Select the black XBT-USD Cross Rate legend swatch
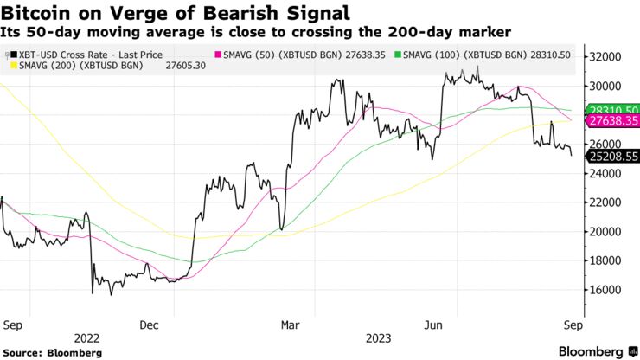10,54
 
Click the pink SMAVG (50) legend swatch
215,54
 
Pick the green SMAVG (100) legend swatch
397,54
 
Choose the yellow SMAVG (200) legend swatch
10,67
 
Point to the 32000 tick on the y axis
606,57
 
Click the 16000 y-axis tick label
606,290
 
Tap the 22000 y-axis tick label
606,202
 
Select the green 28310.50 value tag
611,111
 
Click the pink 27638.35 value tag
611,122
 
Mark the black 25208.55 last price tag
611,157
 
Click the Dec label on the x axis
148,325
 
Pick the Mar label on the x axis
291,325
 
